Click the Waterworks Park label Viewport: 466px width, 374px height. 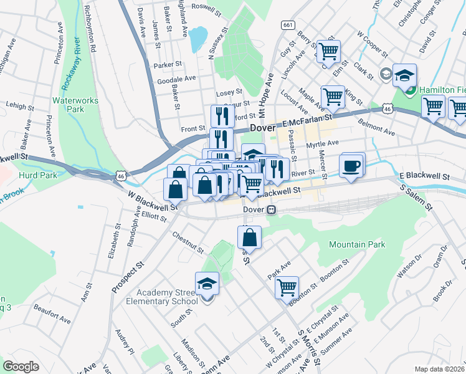(68, 104)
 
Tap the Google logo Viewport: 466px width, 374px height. (21, 367)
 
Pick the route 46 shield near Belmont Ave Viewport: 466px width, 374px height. (387, 108)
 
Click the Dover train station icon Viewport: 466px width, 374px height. (272, 210)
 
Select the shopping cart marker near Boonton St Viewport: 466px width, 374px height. (287, 287)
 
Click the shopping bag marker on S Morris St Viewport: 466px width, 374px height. (249, 237)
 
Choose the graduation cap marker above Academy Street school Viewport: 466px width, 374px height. (207, 284)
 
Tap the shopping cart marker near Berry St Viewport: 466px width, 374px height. (328, 50)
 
